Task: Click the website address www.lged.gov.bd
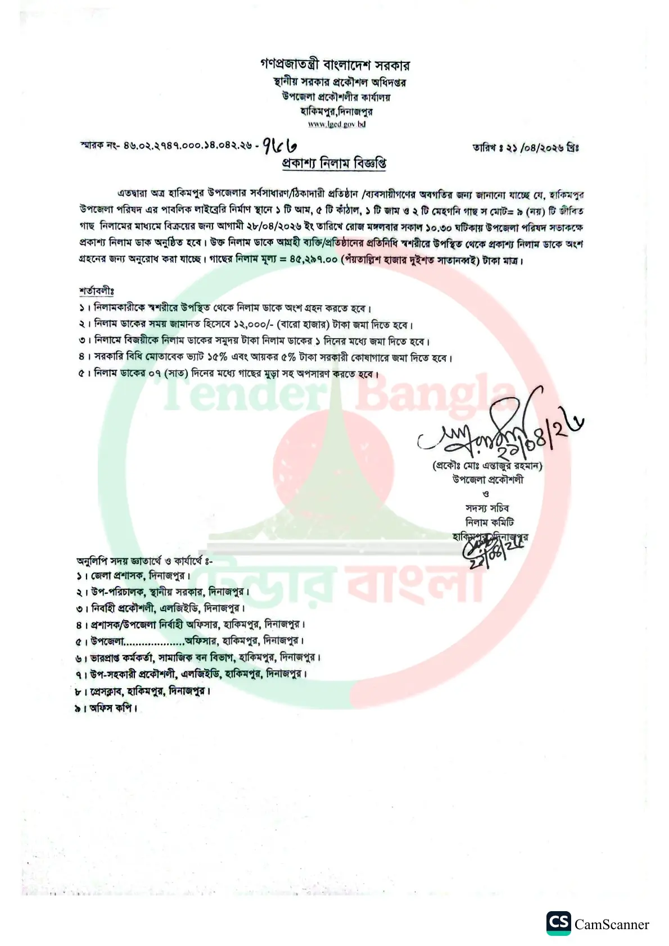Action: (x=337, y=124)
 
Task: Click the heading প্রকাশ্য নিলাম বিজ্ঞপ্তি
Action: (x=334, y=163)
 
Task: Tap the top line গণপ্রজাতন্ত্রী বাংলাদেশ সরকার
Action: (x=334, y=65)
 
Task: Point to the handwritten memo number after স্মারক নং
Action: (x=279, y=146)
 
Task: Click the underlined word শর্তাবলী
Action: (x=96, y=291)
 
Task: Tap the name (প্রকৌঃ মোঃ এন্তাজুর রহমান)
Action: (x=487, y=466)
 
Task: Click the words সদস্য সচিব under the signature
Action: (x=487, y=508)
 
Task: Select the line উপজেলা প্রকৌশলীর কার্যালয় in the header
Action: (x=336, y=97)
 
